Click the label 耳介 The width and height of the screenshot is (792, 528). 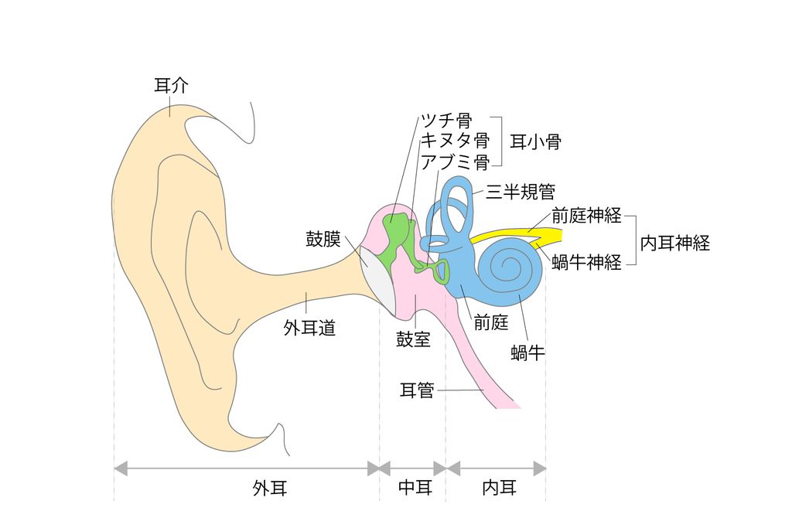pos(171,86)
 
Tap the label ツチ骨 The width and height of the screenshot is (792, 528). pos(446,121)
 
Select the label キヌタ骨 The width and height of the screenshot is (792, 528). pos(455,141)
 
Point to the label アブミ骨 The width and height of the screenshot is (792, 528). pos(455,162)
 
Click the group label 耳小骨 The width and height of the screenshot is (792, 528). pos(535,141)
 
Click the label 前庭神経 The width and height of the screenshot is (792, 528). pos(587,216)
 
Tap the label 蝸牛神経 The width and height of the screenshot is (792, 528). pos(587,262)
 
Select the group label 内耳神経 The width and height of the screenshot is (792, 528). pos(675,243)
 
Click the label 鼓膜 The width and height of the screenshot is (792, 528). pos(323,239)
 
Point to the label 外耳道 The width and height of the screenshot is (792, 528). pos(309,329)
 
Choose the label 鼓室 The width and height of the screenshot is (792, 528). pos(414,339)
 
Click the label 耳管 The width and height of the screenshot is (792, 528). pos(417,390)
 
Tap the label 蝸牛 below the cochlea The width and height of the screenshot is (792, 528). pos(527,354)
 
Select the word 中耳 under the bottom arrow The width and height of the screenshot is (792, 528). pos(415,488)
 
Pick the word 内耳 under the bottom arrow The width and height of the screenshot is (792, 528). pos(500,488)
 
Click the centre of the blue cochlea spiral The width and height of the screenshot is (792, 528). pos(509,268)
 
